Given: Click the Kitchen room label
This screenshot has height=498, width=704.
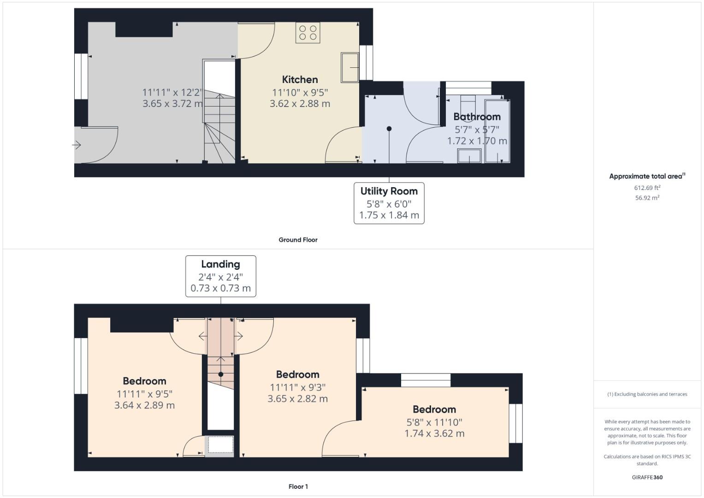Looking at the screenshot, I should pos(300,79).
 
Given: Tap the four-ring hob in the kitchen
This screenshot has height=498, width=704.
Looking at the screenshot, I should pos(308,33).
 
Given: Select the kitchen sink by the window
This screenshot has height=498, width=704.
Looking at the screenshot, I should pos(350,68).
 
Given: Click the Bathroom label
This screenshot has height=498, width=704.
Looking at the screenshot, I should pos(477,117).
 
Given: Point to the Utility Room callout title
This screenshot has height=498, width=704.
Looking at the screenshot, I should pos(389,191).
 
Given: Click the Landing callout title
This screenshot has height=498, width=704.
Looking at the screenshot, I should pos(220,264).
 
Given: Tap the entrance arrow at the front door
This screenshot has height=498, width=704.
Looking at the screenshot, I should pos(77,145).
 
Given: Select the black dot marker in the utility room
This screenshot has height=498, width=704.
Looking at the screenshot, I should pos(389,129).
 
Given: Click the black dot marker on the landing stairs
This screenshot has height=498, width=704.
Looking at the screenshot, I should pos(221,374).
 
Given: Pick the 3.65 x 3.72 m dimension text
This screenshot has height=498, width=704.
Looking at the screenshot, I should pos(172,104).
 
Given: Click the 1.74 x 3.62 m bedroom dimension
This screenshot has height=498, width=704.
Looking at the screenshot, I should pos(434,433).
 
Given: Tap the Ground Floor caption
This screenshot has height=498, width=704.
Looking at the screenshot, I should pos(298,240).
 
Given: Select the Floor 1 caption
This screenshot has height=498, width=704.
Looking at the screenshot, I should pos(298,486).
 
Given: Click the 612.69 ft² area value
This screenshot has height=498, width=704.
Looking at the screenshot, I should pos(647,188).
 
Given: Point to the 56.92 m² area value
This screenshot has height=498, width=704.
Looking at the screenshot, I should pos(647,198).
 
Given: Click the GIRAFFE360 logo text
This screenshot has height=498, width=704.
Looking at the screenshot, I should pos(647,477).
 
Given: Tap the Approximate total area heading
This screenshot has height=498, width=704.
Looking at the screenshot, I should pos(647,176).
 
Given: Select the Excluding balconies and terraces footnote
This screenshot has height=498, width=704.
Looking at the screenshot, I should pos(647,394).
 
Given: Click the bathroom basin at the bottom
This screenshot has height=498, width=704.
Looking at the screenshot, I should pos(469,156).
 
